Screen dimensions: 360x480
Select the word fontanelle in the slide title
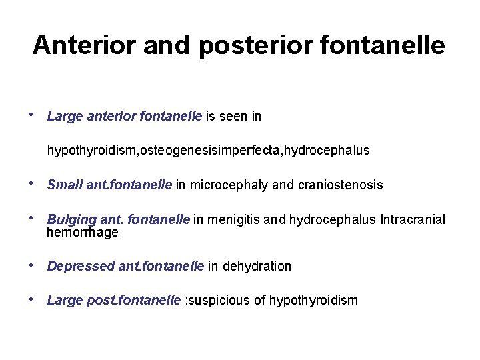tap(384, 45)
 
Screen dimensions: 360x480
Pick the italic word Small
tap(65, 185)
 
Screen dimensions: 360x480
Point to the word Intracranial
tap(413, 219)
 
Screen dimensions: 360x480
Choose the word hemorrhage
tap(83, 232)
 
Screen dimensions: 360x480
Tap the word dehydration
tap(257, 267)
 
